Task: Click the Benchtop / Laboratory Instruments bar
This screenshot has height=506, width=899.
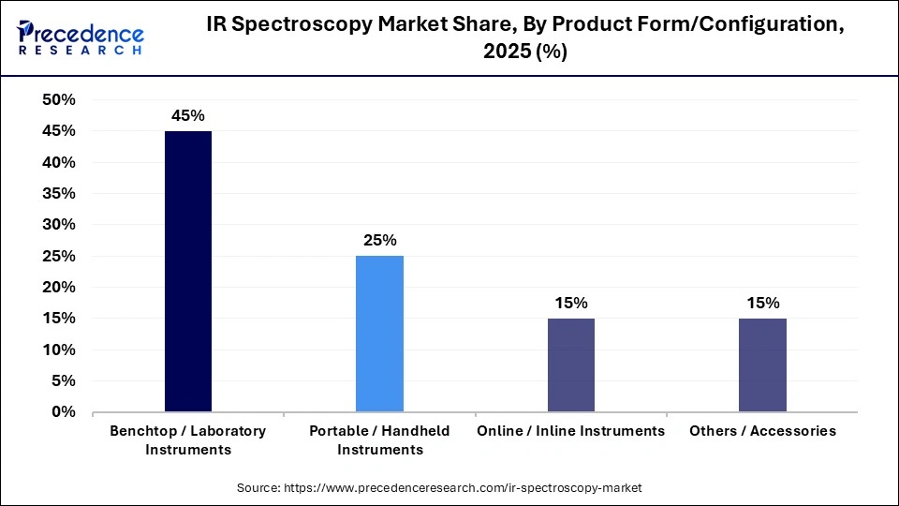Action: click(x=187, y=272)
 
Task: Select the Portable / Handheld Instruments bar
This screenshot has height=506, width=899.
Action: click(x=379, y=334)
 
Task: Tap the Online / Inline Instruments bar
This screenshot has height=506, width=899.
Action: click(x=570, y=365)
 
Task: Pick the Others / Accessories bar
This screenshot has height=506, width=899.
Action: click(x=762, y=365)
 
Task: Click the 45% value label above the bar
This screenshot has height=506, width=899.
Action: click(x=187, y=115)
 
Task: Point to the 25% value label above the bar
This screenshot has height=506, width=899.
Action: click(x=379, y=240)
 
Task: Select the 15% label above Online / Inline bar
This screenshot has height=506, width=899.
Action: click(x=570, y=303)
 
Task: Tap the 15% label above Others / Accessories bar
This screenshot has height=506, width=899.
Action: click(x=762, y=303)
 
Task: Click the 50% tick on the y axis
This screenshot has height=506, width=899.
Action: click(x=59, y=100)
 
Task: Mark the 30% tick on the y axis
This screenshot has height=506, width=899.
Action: click(x=59, y=225)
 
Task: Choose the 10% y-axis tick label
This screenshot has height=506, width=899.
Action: click(x=59, y=350)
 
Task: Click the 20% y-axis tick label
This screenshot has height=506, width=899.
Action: click(x=59, y=288)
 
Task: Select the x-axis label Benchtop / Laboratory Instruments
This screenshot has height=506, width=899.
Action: click(x=187, y=440)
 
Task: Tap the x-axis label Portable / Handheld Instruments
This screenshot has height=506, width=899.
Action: click(x=379, y=440)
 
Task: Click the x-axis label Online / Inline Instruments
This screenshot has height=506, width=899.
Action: click(x=570, y=431)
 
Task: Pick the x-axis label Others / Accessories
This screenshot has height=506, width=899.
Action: click(x=762, y=431)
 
